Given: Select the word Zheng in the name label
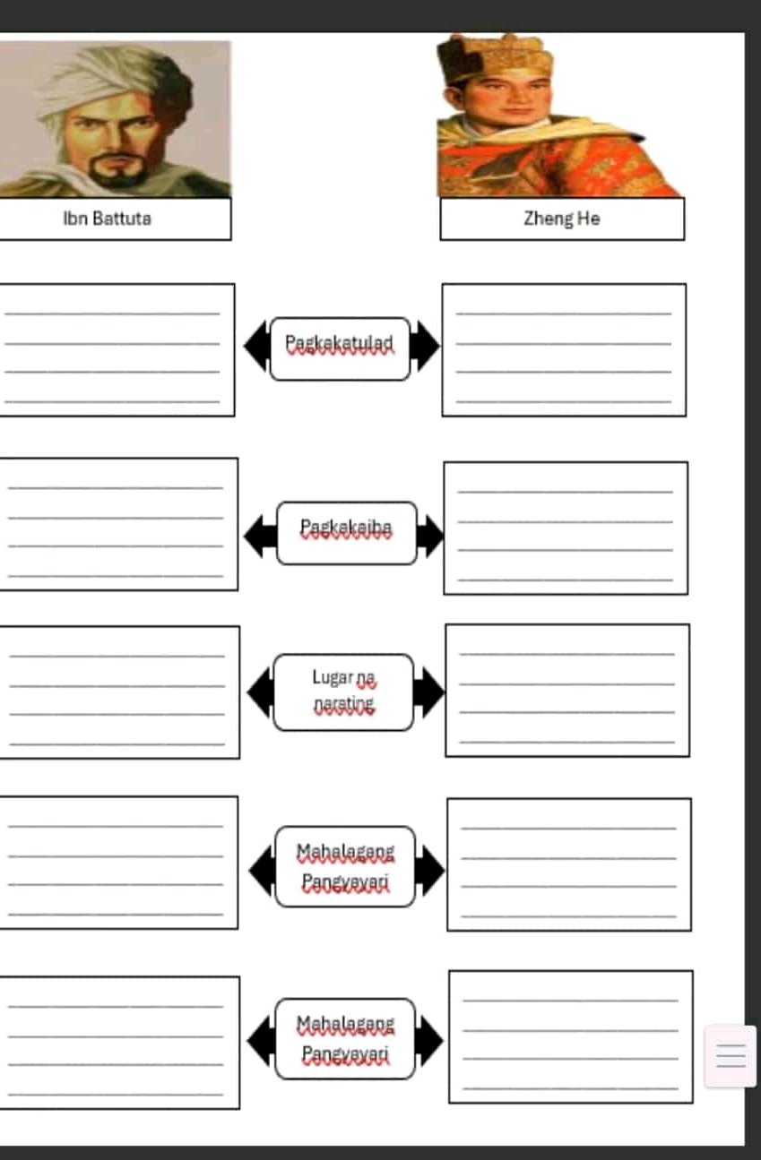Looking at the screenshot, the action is (548, 219).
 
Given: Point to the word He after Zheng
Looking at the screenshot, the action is (589, 218).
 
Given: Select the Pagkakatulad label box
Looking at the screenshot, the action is (340, 348).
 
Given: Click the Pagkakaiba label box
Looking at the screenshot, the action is (347, 533).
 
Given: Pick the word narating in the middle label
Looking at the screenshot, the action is (344, 704).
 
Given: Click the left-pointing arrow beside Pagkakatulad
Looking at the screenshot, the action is (257, 347).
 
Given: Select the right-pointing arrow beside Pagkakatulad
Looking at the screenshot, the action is (425, 347).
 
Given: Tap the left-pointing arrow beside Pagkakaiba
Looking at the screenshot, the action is (260, 537).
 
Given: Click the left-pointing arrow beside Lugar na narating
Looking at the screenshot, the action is (261, 692).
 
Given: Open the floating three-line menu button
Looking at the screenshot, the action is (730, 1056).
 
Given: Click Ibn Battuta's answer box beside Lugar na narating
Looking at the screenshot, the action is (118, 692).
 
